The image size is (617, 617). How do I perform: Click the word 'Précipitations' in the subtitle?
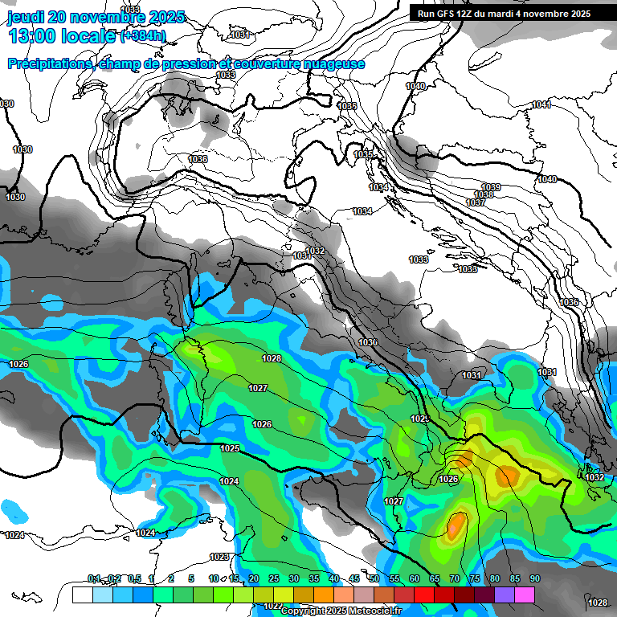[x=48, y=64]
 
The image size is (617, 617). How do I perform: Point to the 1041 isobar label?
[x=541, y=105]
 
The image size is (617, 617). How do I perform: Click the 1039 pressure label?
[x=491, y=187]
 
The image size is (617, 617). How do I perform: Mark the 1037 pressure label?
[x=476, y=202]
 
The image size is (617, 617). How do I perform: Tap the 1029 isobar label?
[x=419, y=419]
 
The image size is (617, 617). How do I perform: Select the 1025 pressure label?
[x=230, y=448]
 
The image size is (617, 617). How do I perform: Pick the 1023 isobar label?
[x=219, y=557]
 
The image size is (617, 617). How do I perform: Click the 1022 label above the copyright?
[x=272, y=606]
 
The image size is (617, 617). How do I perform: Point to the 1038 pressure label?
[x=484, y=195]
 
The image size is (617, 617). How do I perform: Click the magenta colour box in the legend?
[x=525, y=595]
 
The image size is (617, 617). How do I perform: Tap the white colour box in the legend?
[x=82, y=595]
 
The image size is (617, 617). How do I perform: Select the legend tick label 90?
[x=535, y=579]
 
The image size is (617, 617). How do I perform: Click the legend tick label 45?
[x=354, y=579]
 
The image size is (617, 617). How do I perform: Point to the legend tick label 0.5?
[x=134, y=579]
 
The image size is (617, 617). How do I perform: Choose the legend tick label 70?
[x=455, y=579]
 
